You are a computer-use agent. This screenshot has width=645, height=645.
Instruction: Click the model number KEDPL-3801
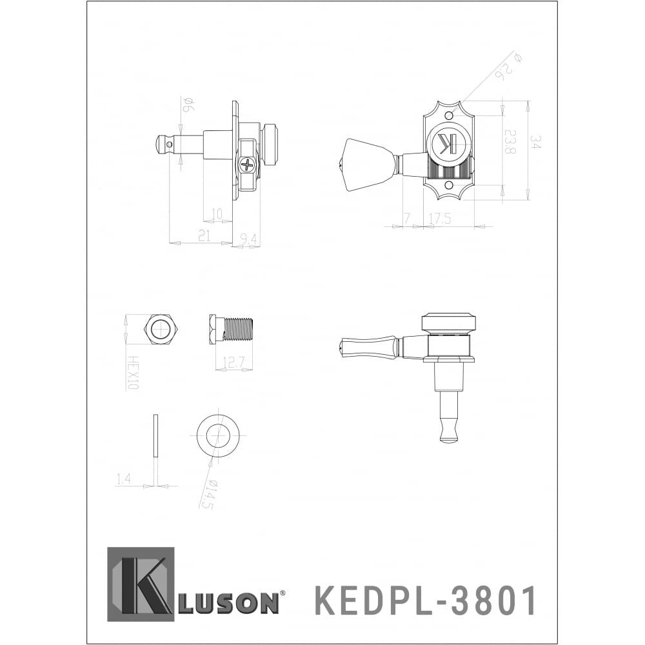click(x=425, y=601)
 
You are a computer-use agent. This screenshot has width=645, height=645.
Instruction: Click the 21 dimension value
click(x=204, y=236)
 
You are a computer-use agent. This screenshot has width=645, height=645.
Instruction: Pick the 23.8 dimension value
click(x=510, y=142)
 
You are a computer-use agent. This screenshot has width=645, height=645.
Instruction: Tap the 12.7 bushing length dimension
click(x=233, y=363)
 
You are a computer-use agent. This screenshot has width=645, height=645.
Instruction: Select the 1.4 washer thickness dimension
click(x=124, y=478)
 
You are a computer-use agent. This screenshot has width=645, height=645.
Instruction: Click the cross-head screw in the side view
click(x=248, y=164)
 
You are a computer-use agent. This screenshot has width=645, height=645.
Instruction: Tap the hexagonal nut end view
click(x=160, y=330)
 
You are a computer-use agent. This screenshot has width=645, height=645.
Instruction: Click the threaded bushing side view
click(x=232, y=330)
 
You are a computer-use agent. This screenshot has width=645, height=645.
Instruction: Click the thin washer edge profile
click(x=155, y=436)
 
